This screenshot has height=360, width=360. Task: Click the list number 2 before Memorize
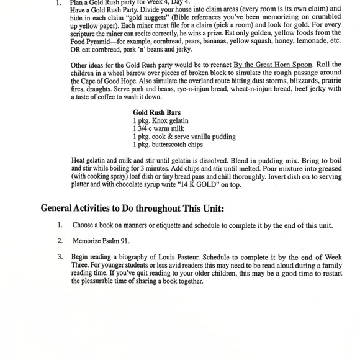60,240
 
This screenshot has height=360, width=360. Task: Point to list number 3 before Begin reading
60,256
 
